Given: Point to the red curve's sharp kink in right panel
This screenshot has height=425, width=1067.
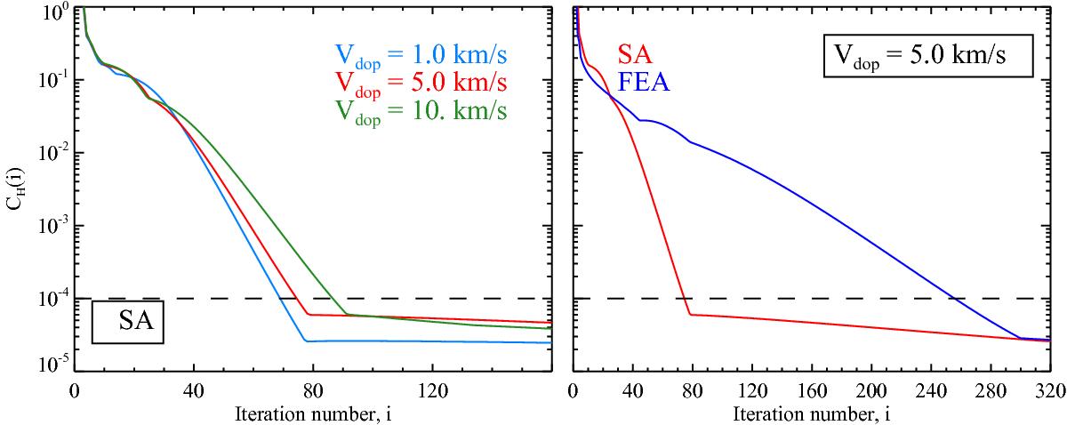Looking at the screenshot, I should pyautogui.click(x=691, y=314).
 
